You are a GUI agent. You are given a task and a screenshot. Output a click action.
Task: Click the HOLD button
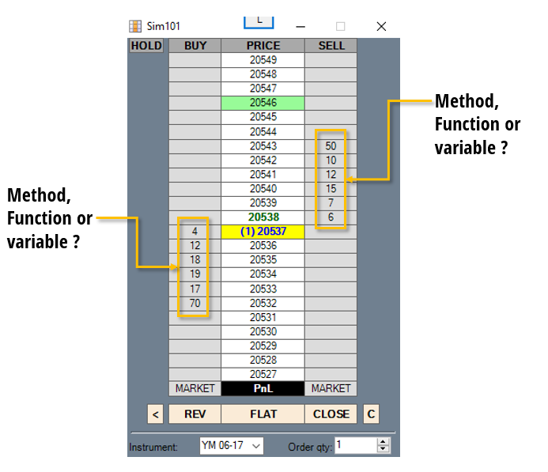pyautogui.click(x=146, y=46)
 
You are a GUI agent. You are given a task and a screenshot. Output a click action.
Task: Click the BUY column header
pyautogui.click(x=195, y=46)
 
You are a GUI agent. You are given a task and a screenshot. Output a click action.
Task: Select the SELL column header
pyautogui.click(x=331, y=46)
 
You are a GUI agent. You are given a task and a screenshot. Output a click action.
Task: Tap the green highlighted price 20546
pyautogui.click(x=263, y=103)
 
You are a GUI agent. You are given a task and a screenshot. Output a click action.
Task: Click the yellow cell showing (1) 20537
pyautogui.click(x=263, y=232)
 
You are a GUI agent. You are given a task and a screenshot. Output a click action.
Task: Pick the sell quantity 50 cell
pyautogui.click(x=331, y=146)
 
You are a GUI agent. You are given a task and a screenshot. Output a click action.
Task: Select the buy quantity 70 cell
pyautogui.click(x=195, y=303)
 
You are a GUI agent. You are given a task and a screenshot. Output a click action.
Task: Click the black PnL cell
pyautogui.click(x=263, y=388)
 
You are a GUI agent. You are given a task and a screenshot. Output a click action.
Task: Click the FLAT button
pyautogui.click(x=263, y=413)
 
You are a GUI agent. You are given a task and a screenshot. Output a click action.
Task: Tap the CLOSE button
pyautogui.click(x=331, y=413)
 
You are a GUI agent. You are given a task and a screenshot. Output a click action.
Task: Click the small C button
pyautogui.click(x=371, y=413)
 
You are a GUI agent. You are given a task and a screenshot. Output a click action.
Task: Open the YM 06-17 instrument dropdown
pyautogui.click(x=232, y=446)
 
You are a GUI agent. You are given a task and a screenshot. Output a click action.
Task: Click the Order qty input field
pyautogui.click(x=355, y=445)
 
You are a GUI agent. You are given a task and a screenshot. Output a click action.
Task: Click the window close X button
pyautogui.click(x=381, y=26)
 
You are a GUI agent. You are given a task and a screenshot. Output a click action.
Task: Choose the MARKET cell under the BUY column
pyautogui.click(x=195, y=388)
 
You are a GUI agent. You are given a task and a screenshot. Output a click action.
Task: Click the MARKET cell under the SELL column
pyautogui.click(x=331, y=388)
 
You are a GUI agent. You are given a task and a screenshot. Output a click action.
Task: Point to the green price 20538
pyautogui.click(x=263, y=217)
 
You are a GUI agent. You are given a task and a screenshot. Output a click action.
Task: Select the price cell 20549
pyautogui.click(x=263, y=60)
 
